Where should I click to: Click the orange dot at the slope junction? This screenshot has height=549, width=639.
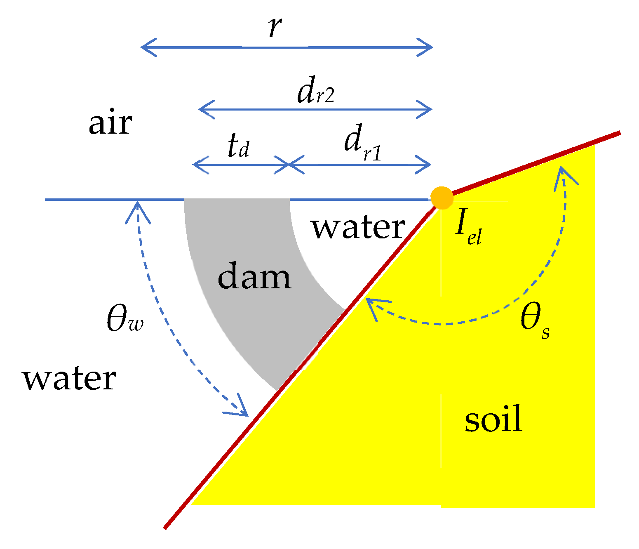(442, 198)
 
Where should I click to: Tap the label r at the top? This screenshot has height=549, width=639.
(275, 27)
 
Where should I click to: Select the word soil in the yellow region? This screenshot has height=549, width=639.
(494, 419)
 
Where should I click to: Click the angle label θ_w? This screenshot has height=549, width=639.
(125, 319)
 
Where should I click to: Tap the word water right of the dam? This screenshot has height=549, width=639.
(358, 227)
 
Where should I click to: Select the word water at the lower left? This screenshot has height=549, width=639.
(69, 379)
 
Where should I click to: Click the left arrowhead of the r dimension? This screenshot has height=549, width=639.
(144, 47)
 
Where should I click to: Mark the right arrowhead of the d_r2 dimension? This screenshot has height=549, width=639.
(428, 110)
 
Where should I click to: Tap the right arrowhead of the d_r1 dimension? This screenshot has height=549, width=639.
(428, 165)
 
